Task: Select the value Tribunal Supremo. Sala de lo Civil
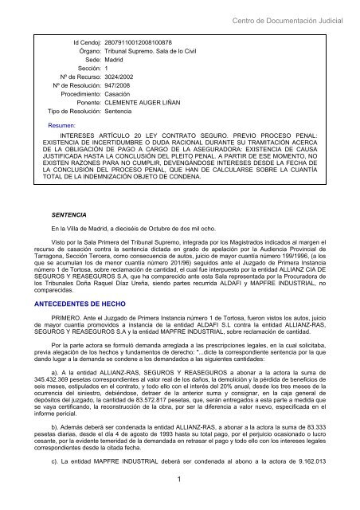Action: pos(155,49)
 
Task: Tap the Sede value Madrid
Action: pos(115,59)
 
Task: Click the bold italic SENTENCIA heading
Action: pos(67,215)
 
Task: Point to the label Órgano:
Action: pos(85,49)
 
